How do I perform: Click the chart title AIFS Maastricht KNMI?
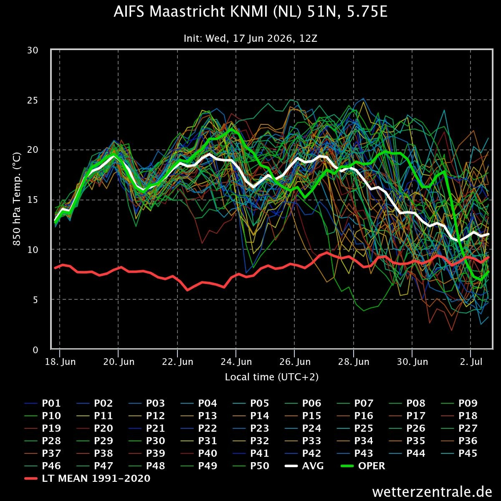[250, 12]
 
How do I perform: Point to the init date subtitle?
[250, 38]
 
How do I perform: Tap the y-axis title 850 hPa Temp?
[17, 199]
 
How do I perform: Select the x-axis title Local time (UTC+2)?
[272, 377]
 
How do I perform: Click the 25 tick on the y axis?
[33, 100]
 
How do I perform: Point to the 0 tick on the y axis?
[35, 350]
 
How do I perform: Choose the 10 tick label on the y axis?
[33, 250]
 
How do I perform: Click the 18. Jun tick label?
[60, 362]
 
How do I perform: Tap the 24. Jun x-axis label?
[236, 362]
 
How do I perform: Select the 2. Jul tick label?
[471, 362]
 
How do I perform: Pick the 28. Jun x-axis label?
[354, 362]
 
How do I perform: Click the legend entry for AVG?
[304, 466]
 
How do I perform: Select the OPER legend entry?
[363, 466]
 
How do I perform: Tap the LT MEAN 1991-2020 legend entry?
[87, 478]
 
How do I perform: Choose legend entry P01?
[43, 403]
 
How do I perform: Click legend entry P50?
[251, 466]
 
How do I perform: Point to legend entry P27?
[459, 428]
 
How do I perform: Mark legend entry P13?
[199, 416]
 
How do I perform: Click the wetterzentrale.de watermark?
[432, 492]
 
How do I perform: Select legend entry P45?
[459, 453]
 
